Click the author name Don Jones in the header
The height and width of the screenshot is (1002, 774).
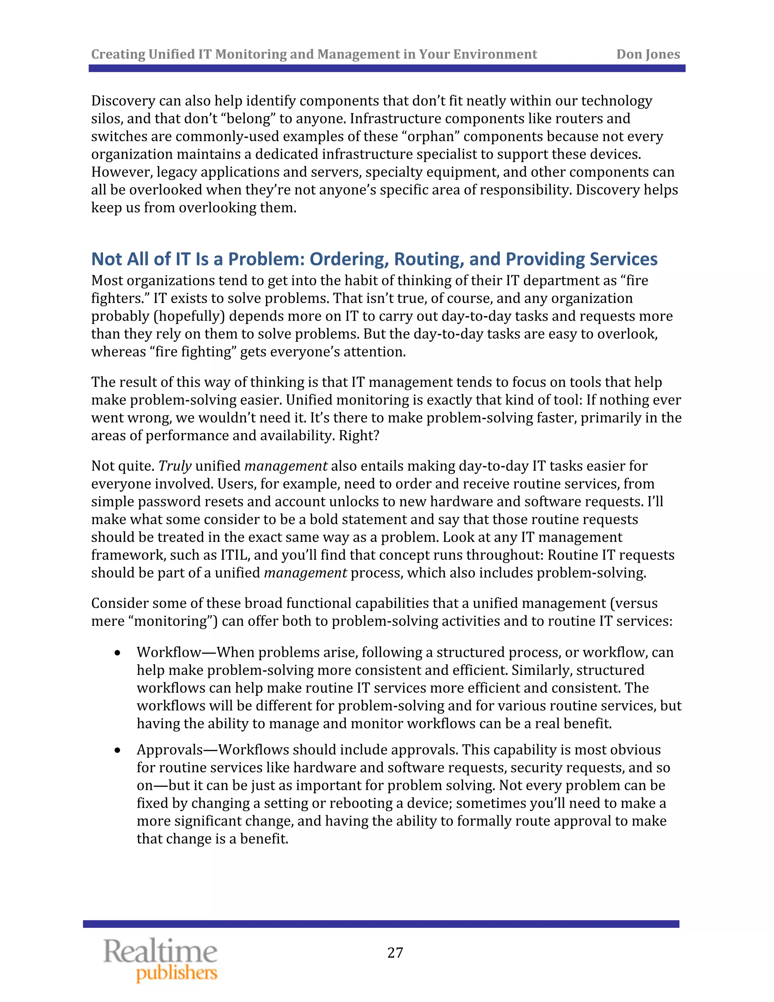tap(647, 54)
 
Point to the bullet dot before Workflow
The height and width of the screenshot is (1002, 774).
tap(118, 653)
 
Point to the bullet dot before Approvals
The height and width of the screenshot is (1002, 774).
tap(118, 750)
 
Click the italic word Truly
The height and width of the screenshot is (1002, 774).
tap(175, 466)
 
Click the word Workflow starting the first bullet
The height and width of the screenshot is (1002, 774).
tap(169, 652)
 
